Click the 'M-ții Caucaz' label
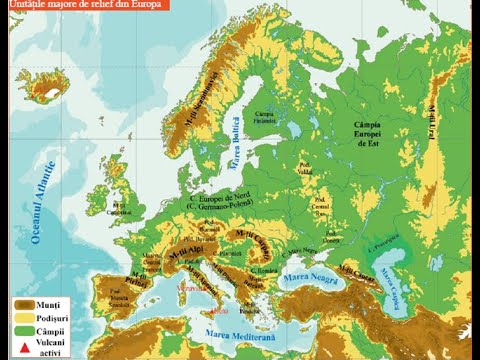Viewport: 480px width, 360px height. point(355,269)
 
